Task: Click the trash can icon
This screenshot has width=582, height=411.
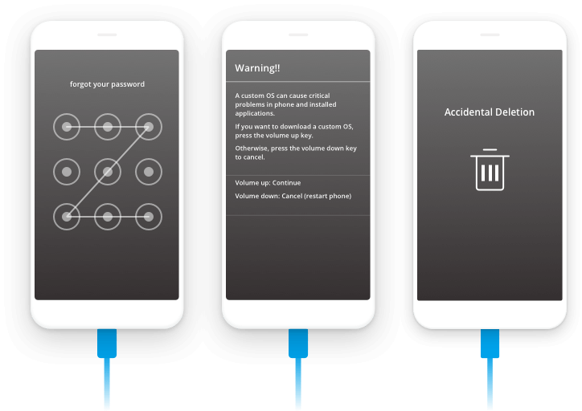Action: [490, 170]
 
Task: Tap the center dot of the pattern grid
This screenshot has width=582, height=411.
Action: [108, 172]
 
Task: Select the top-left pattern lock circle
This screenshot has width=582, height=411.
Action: [67, 127]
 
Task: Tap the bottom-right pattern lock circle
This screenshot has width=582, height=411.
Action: [149, 217]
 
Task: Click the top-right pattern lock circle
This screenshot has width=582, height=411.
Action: [149, 127]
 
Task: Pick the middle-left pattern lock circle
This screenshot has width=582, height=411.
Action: [67, 172]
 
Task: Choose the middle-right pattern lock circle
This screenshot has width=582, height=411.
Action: [149, 172]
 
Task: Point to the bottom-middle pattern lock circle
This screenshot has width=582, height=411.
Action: [108, 217]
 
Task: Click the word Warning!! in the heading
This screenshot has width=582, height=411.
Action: [257, 68]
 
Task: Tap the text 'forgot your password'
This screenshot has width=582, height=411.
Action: [107, 84]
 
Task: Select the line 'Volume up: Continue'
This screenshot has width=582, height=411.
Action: [268, 183]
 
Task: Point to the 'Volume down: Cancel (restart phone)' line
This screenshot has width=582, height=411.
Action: [293, 196]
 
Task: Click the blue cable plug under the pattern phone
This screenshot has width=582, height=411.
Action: [107, 344]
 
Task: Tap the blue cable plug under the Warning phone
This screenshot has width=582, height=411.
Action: [298, 344]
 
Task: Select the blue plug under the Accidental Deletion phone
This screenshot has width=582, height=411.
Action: [490, 344]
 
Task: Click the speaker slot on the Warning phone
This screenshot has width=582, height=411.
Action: [298, 35]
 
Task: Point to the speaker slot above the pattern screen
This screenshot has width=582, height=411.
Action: [107, 35]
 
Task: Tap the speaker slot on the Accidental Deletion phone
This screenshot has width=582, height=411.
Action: [490, 35]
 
